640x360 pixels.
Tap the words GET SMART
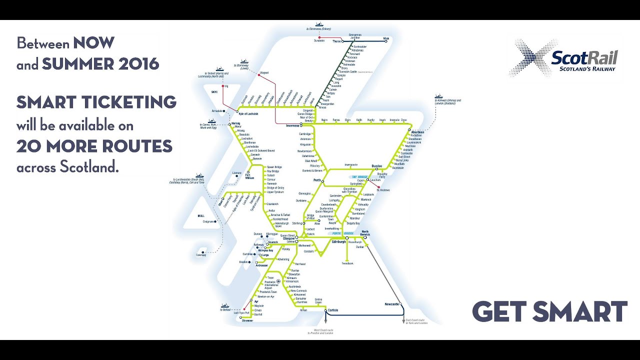[549, 312]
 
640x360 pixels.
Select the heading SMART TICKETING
[96, 102]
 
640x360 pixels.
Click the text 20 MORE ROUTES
[94, 146]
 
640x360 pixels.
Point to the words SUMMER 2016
[100, 64]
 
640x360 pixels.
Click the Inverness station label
[292, 126]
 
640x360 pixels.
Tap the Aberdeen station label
[417, 132]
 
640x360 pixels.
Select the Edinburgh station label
[339, 242]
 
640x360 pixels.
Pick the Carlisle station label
[332, 310]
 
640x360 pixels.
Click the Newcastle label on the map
[391, 304]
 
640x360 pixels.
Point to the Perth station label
[317, 180]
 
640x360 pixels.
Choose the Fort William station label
[249, 176]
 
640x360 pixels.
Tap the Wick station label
[385, 38]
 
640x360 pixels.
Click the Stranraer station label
[247, 320]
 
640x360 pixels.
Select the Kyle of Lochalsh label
[248, 114]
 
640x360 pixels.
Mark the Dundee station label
[376, 166]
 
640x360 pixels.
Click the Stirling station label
[298, 223]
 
